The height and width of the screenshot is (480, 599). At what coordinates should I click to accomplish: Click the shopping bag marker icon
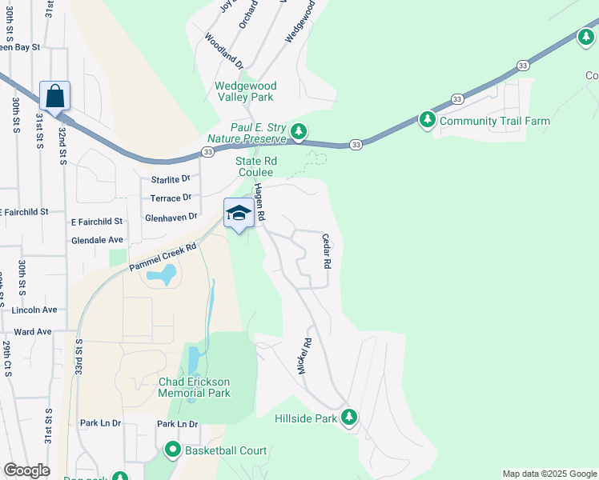(54, 96)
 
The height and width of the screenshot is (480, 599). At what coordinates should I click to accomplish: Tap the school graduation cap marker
(239, 213)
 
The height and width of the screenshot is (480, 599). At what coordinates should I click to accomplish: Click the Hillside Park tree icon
(348, 417)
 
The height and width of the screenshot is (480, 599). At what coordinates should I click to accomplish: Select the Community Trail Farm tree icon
(428, 120)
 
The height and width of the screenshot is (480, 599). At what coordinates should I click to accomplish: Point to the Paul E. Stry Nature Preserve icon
(299, 130)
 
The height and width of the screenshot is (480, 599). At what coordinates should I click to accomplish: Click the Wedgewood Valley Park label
(245, 91)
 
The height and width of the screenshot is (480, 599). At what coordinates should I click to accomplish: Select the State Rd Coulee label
(255, 166)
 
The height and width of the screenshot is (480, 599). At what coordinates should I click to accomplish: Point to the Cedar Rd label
(327, 250)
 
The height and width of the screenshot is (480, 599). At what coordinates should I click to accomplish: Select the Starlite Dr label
(171, 178)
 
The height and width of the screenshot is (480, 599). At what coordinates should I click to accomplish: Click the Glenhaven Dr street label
(171, 217)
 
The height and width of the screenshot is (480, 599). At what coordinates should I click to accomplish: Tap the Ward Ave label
(33, 331)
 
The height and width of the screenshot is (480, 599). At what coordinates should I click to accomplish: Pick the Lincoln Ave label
(34, 309)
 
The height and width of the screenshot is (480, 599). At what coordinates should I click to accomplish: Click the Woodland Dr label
(223, 49)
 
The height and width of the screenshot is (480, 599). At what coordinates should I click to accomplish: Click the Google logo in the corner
(26, 470)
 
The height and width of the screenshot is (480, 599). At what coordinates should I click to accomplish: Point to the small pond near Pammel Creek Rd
(161, 276)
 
